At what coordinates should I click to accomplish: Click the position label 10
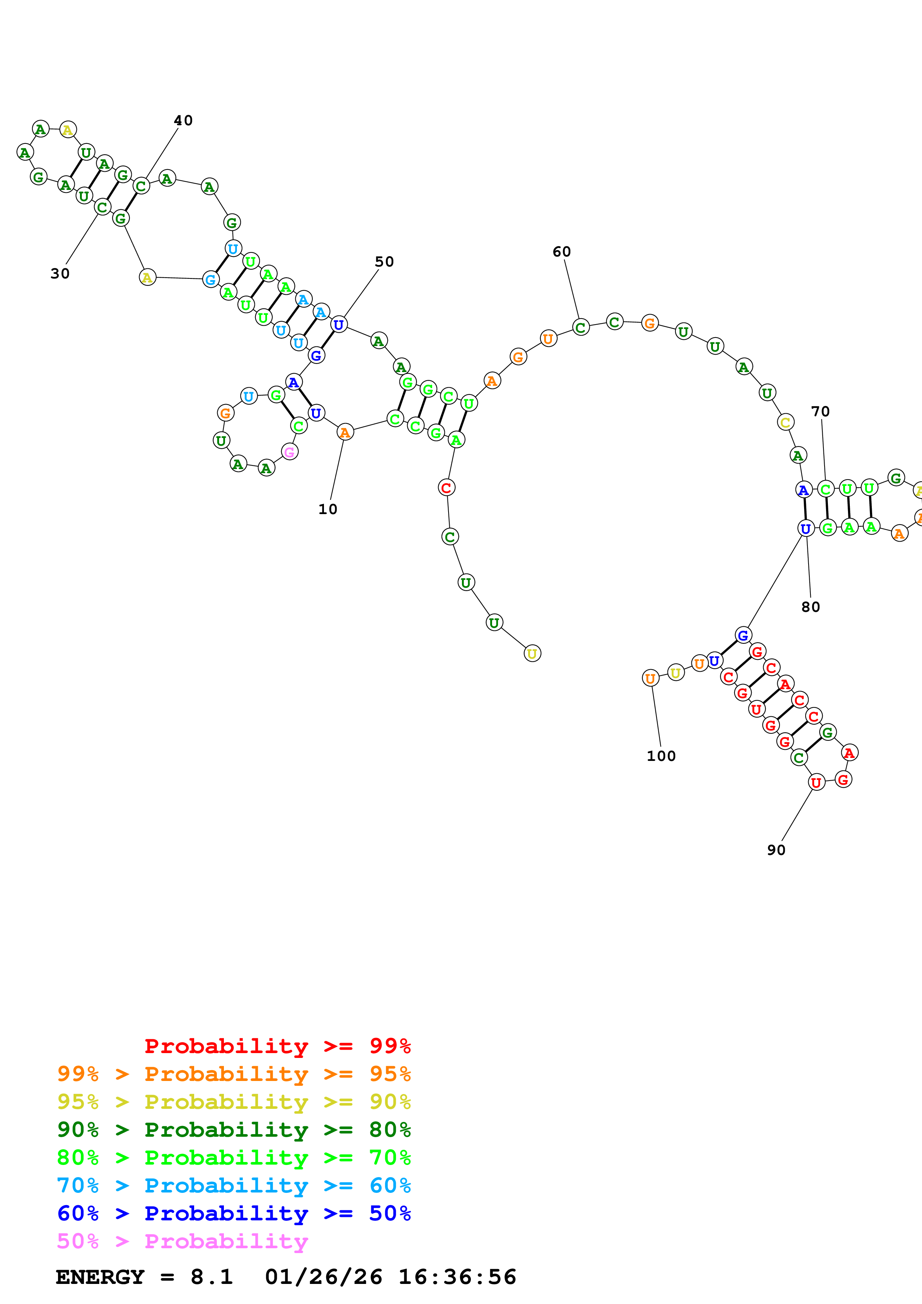tap(328, 509)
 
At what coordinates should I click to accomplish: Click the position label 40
tap(183, 120)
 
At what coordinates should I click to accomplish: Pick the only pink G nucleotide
tap(290, 452)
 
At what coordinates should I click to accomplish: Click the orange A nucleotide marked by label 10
tap(345, 432)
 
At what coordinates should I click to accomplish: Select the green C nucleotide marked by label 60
tap(580, 328)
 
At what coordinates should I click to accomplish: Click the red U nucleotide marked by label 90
tap(816, 782)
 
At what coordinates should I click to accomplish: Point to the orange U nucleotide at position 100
tap(650, 678)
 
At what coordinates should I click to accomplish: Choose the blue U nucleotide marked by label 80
tap(806, 529)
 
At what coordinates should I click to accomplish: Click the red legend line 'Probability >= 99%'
tap(277, 1046)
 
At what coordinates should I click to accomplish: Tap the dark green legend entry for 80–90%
tap(234, 1130)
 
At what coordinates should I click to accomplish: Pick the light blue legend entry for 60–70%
tap(234, 1185)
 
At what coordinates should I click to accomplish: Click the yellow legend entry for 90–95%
tap(234, 1102)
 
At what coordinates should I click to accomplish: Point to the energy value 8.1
tap(211, 1277)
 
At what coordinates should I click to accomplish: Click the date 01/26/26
tap(323, 1277)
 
